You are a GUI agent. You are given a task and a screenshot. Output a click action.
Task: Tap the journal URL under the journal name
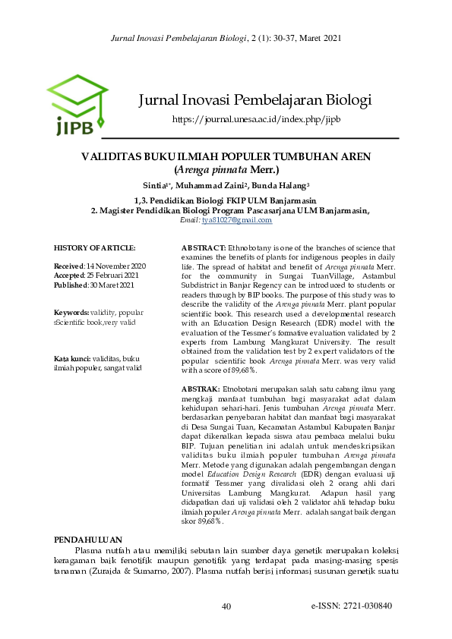pos(256,119)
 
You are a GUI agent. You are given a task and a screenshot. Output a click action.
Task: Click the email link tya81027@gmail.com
pos(236,220)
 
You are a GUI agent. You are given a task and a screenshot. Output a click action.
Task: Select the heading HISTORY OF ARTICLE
pos(95,248)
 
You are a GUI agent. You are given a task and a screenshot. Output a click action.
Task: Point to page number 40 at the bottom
pos(226,606)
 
